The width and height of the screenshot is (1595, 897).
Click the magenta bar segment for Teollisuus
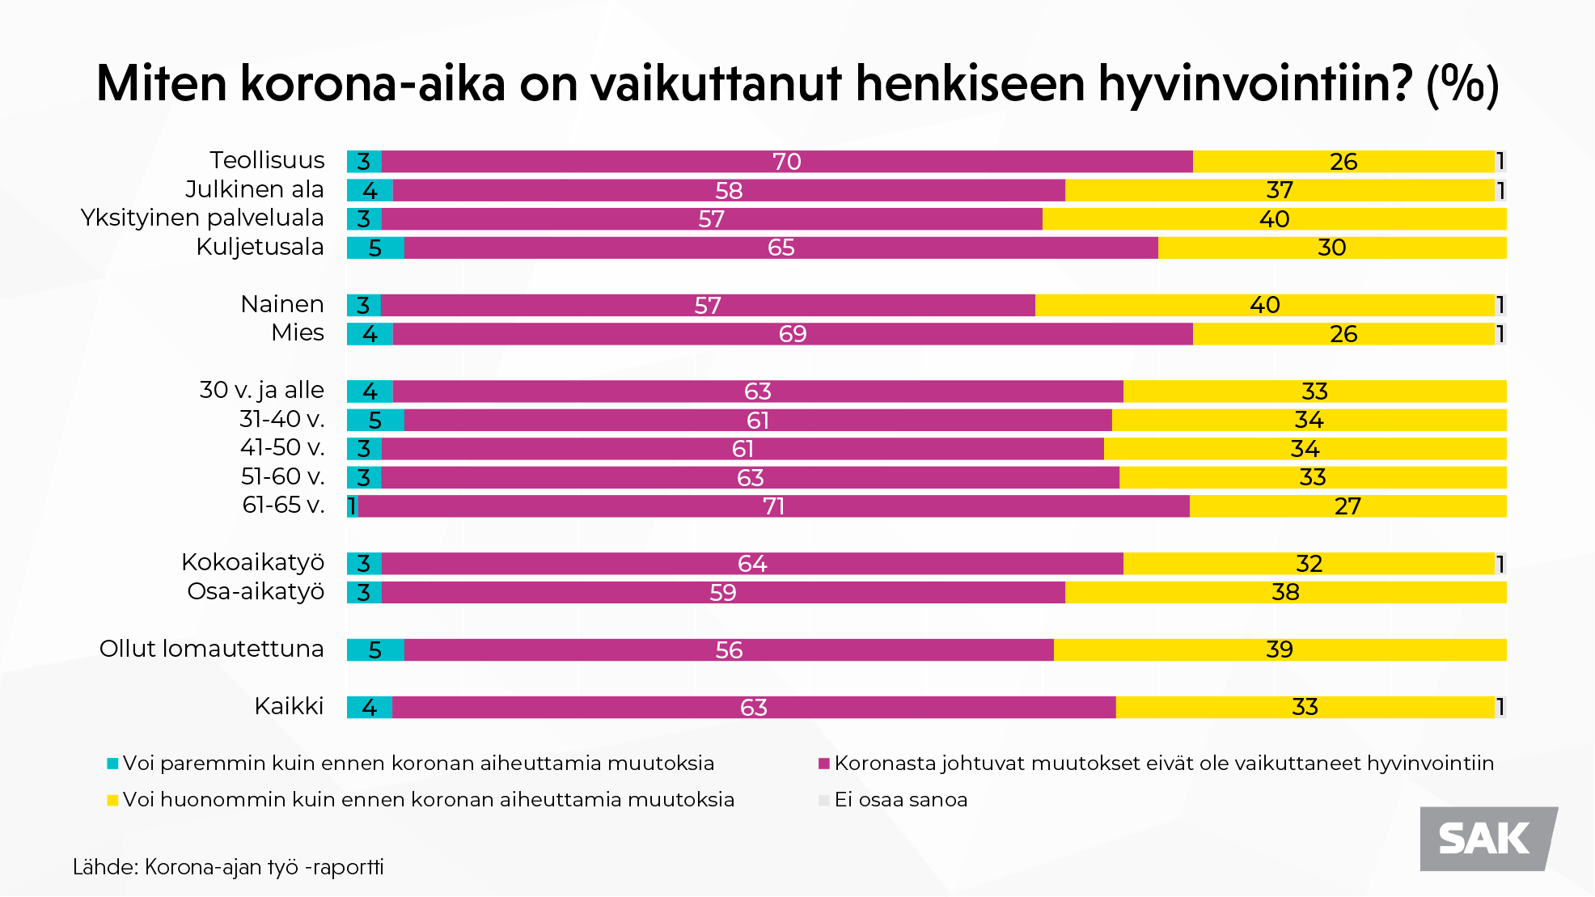coord(786,162)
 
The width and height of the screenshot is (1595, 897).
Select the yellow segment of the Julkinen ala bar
coord(1279,191)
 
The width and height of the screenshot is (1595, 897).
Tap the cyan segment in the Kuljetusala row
coord(375,248)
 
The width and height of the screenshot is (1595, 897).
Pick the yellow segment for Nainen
coord(1264,306)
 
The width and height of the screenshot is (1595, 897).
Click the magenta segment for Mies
coord(792,334)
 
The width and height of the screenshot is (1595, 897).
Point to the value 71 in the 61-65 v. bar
coord(773,507)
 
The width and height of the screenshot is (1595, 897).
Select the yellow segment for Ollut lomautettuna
coord(1279,650)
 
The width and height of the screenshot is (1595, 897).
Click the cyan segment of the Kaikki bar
coord(370,708)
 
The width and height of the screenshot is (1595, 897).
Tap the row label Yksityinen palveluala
coord(202,218)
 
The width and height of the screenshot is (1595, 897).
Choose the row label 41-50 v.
coord(282,448)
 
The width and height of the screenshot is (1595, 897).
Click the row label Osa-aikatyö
coord(256,592)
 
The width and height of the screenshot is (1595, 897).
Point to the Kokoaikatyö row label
coord(252,563)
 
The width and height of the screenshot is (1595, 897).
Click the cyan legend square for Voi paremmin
coord(112,764)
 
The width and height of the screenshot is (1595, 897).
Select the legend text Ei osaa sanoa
coord(900,800)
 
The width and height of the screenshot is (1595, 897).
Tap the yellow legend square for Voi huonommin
coord(112,801)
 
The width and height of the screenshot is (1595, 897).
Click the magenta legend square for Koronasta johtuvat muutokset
coord(824,764)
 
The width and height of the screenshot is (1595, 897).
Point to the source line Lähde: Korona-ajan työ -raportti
coord(228,867)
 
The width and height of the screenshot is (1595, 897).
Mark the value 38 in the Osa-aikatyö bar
coord(1285,593)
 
